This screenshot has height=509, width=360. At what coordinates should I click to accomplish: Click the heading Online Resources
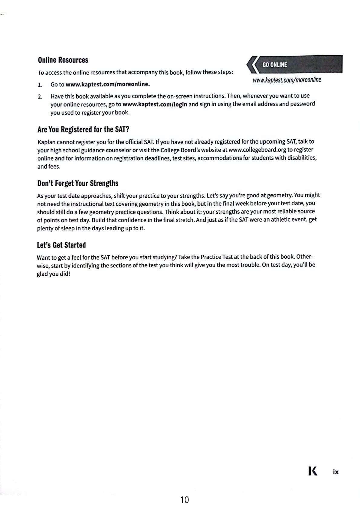[63, 60]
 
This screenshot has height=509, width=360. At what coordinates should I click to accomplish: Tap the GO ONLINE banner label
[275, 65]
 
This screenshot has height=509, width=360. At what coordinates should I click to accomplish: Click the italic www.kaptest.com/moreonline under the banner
[287, 80]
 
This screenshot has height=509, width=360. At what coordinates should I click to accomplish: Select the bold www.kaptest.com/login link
[155, 105]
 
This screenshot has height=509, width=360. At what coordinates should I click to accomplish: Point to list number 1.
[40, 85]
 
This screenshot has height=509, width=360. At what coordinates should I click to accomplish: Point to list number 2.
[40, 97]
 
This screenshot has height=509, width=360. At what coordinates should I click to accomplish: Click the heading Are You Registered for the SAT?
[83, 130]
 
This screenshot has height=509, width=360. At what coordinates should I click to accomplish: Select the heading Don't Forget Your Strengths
[78, 183]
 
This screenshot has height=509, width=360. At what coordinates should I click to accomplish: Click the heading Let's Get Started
[61, 245]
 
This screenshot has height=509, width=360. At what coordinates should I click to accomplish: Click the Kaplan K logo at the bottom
[313, 471]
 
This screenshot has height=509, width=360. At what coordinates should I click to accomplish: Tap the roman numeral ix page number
[335, 472]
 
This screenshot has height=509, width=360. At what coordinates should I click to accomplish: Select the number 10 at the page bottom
[184, 500]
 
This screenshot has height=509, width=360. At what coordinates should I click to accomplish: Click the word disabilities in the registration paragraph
[301, 158]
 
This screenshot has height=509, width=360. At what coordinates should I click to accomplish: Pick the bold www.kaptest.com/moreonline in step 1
[108, 84]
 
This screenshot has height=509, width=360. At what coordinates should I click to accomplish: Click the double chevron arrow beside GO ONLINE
[252, 64]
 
